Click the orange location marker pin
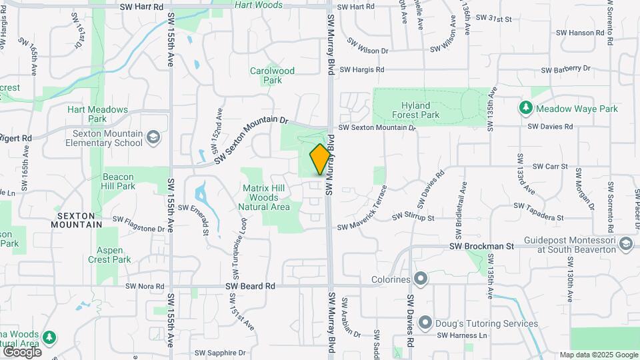pyautogui.click(x=320, y=159)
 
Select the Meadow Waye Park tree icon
pyautogui.click(x=526, y=108)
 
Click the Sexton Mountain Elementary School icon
pyautogui.click(x=154, y=137)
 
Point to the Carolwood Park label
pyautogui.click(x=272, y=75)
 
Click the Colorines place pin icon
pyautogui.click(x=421, y=277)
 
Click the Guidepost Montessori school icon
pyautogui.click(x=625, y=245)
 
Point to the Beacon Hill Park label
pyautogui.click(x=118, y=182)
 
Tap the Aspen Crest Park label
pyautogui.click(x=109, y=255)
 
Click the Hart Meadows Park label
pyautogui.click(x=97, y=114)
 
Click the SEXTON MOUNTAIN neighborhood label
pyautogui.click(x=79, y=221)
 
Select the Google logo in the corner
pyautogui.click(x=22, y=351)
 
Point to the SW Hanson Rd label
pyautogui.click(x=574, y=32)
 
